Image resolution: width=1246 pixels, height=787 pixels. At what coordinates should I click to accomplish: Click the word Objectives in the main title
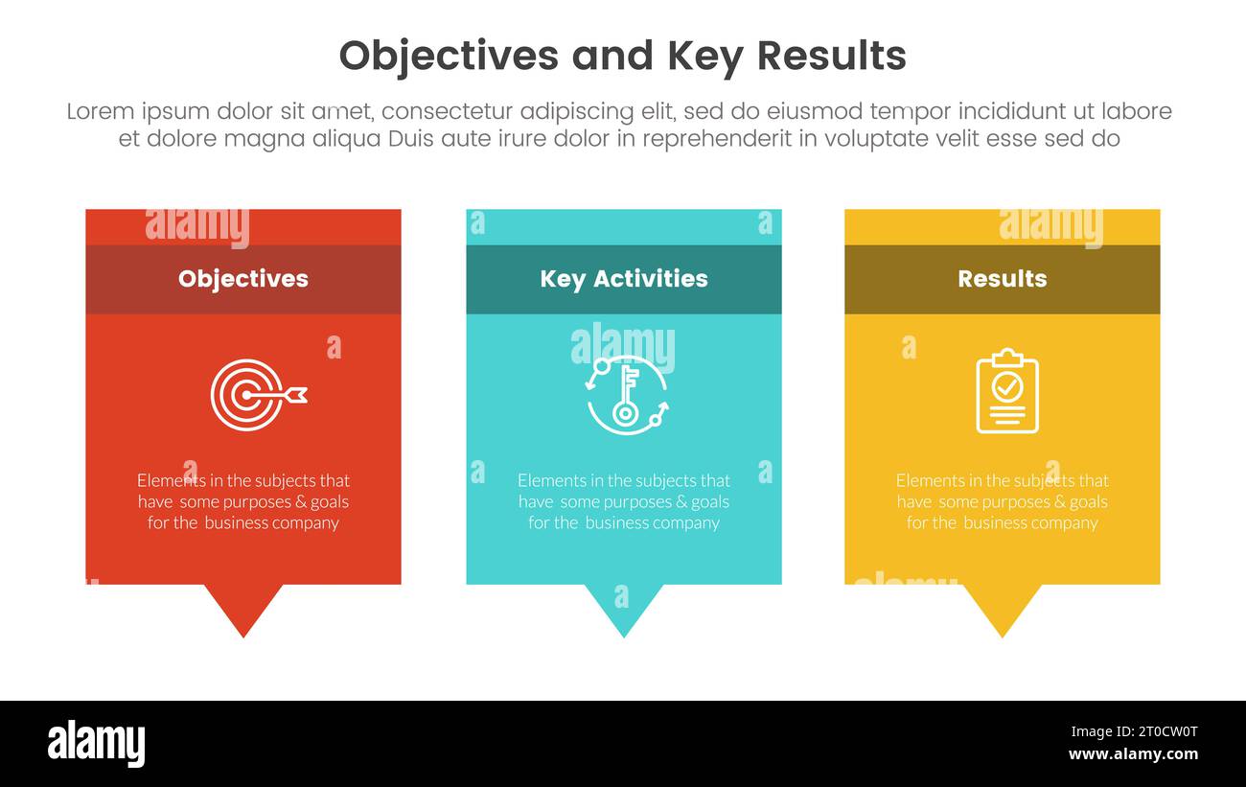coord(448,57)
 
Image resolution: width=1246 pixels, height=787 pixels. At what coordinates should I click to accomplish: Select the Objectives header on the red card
coord(243,279)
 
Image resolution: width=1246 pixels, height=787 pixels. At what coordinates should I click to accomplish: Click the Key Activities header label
coord(624,279)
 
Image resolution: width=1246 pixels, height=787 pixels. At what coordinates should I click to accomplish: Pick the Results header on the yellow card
coord(1002,279)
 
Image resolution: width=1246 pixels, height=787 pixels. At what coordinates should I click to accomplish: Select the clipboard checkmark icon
coord(1007,391)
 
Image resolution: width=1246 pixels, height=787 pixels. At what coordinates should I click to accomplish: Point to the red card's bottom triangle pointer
coord(243,608)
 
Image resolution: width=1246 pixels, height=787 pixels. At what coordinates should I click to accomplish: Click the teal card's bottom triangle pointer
coord(624,608)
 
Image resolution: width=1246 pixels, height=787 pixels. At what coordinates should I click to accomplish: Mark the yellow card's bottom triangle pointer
coord(1002,608)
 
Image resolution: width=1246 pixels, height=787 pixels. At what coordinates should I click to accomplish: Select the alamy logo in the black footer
coord(96,744)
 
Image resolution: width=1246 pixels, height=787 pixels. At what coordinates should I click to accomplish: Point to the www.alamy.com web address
coord(1133,754)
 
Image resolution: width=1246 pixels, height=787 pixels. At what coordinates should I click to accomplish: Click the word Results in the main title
coord(831,57)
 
